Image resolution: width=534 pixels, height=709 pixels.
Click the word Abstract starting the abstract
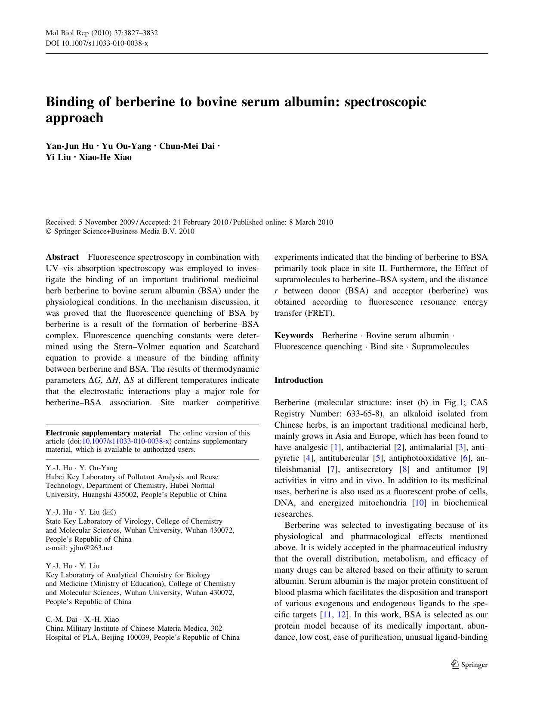click(x=62, y=257)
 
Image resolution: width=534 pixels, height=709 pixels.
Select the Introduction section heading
click(x=299, y=380)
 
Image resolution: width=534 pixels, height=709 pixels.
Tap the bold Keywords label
click(x=294, y=336)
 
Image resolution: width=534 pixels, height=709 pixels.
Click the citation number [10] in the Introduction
click(x=419, y=503)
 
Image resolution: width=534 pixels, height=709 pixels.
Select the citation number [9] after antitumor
click(x=483, y=469)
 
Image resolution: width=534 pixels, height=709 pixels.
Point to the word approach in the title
click(x=74, y=118)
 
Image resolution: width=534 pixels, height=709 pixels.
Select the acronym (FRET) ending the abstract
click(x=319, y=313)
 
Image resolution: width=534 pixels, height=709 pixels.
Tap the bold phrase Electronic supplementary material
click(x=103, y=433)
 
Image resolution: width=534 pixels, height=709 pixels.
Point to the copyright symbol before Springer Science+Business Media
click(x=49, y=231)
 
